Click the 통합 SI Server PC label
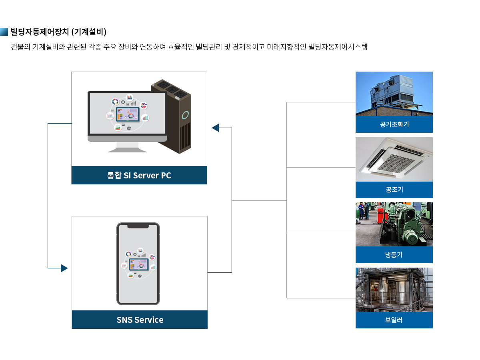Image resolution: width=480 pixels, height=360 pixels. click(139, 175)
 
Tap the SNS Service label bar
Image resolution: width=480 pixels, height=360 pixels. click(140, 320)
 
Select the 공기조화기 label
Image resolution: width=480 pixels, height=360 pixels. click(394, 124)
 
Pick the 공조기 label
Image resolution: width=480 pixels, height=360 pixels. click(394, 190)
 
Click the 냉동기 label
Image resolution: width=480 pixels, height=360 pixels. click(394, 255)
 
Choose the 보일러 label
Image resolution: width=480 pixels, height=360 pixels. click(394, 320)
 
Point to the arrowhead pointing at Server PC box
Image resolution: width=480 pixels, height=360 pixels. click(215, 128)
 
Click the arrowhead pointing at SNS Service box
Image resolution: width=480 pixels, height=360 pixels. click(64, 268)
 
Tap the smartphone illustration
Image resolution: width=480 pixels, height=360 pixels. click(138, 264)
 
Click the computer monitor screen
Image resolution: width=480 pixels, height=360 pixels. click(127, 113)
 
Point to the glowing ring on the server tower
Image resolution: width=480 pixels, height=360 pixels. click(185, 116)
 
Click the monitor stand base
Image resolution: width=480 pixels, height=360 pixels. click(127, 150)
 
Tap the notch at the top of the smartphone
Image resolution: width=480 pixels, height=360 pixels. click(138, 226)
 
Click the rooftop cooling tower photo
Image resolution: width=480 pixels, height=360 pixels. click(394, 94)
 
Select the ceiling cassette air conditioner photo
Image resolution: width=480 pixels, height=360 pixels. click(394, 159)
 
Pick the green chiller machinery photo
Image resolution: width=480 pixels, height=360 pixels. click(394, 224)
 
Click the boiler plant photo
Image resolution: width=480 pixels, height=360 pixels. click(394, 290)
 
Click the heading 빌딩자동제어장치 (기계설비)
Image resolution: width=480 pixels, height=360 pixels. click(58, 32)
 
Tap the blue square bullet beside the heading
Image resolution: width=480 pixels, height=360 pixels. click(4, 32)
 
